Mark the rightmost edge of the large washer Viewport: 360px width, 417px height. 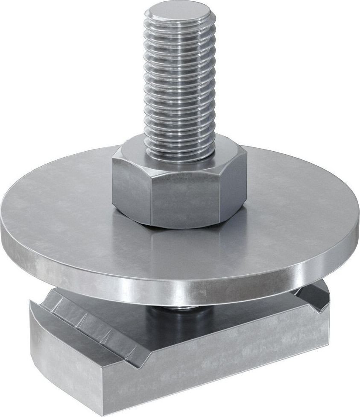(x=358, y=222)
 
